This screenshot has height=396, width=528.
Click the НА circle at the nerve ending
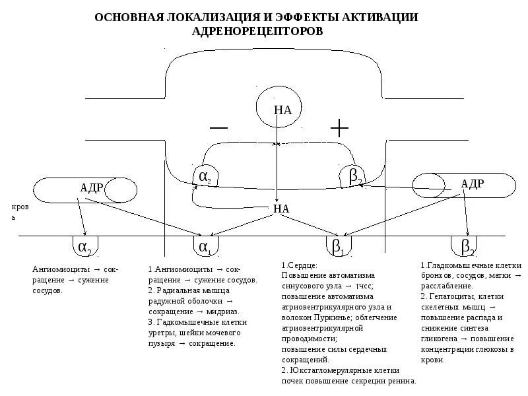point(282,110)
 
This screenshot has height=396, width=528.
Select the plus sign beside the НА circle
point(339,127)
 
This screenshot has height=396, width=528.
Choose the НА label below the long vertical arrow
point(281,209)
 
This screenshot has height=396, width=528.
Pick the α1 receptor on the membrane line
point(205,247)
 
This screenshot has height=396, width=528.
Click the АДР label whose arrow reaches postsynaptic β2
point(473,184)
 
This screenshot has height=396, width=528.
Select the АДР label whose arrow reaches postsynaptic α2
point(91,187)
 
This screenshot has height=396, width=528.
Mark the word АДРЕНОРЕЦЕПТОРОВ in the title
point(257,31)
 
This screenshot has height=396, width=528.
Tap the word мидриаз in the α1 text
point(226,311)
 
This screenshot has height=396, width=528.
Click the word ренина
point(401,381)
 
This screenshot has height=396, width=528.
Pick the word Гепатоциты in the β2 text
point(452,296)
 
